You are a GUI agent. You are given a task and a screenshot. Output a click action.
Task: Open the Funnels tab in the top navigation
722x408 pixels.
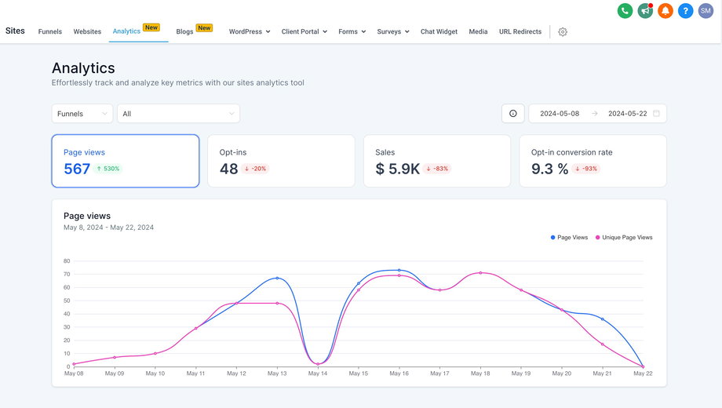50,31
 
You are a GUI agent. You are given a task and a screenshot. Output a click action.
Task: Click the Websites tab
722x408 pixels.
87,31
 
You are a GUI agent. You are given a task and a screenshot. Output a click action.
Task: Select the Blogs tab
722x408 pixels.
185,31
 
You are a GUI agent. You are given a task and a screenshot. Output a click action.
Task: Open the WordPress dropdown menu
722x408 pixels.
250,31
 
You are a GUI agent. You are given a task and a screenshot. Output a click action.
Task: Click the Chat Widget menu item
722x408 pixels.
439,31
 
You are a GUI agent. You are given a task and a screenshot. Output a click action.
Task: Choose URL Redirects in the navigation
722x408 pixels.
520,31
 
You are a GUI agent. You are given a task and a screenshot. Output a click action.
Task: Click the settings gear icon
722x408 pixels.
563,32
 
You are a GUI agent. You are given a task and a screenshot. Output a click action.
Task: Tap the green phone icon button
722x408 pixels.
625,11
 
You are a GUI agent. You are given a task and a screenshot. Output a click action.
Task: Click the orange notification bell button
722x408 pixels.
665,11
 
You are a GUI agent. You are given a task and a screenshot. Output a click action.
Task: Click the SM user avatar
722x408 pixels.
706,11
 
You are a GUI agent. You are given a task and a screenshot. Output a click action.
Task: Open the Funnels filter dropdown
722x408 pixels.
82,114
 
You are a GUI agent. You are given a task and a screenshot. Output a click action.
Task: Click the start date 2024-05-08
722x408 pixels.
560,114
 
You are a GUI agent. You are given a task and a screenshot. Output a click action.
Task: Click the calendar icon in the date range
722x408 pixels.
656,114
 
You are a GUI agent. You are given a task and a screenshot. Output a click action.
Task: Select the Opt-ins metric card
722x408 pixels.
280,161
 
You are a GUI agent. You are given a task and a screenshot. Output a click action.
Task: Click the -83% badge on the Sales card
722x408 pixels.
437,169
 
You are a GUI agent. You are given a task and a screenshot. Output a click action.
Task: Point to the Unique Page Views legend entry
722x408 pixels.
624,237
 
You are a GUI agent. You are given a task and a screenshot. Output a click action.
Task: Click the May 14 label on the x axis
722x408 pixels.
318,373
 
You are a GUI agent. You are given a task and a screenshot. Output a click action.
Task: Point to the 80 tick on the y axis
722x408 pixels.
67,260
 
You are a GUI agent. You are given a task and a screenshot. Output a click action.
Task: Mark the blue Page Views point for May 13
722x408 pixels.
277,278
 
